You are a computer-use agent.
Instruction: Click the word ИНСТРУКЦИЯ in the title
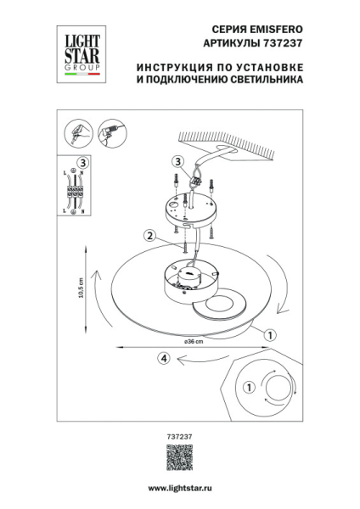click(x=172, y=67)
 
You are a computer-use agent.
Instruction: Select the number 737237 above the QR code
click(x=179, y=437)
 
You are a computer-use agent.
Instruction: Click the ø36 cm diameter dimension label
click(x=194, y=339)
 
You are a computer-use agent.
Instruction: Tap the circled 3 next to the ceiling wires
click(x=177, y=162)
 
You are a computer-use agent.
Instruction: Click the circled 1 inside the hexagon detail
click(x=249, y=388)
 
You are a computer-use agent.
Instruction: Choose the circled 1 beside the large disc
click(x=268, y=335)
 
